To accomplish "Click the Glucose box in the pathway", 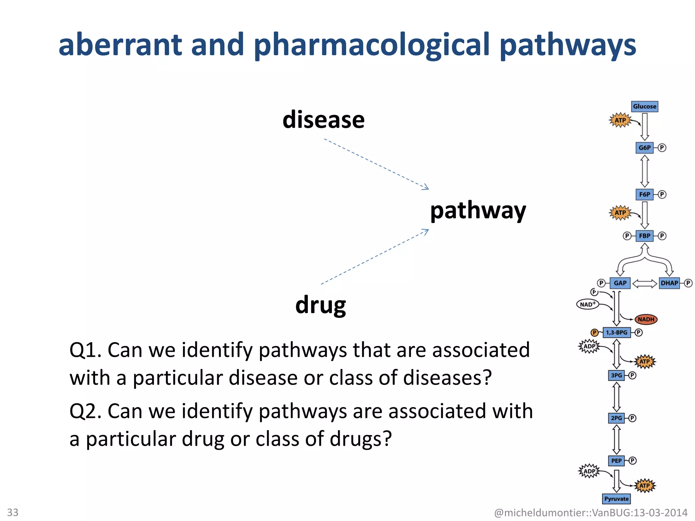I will [x=644, y=107].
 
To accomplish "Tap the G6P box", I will [x=644, y=148].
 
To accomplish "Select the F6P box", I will [x=644, y=194].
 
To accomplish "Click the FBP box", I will [x=644, y=236].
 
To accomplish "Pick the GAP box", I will [x=620, y=283].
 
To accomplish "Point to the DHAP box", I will [x=669, y=283].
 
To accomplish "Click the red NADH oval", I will [x=646, y=319].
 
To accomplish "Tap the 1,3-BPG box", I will [x=617, y=332].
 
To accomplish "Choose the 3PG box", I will [x=616, y=375].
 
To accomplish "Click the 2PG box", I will [x=616, y=418].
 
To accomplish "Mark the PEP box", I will [x=616, y=461].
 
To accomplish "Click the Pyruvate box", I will [x=616, y=499].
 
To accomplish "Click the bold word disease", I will [x=323, y=120].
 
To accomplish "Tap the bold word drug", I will [x=320, y=305].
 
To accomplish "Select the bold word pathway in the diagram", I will [x=478, y=211].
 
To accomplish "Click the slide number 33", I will [x=13, y=512].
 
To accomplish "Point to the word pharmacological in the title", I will [x=372, y=45].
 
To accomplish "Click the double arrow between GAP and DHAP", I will [x=644, y=283].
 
